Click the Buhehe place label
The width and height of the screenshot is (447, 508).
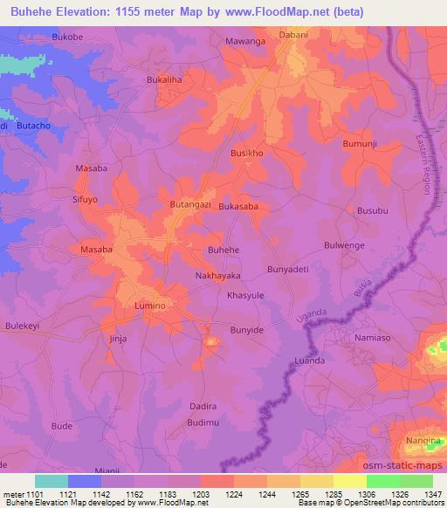click(x=223, y=250)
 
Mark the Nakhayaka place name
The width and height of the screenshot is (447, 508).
click(x=217, y=275)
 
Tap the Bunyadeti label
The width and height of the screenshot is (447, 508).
click(x=288, y=270)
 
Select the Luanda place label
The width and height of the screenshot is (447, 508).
click(x=308, y=360)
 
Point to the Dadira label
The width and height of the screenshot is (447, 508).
click(x=202, y=407)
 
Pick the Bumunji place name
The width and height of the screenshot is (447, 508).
click(x=364, y=142)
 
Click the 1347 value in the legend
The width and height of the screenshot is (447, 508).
click(x=431, y=494)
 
